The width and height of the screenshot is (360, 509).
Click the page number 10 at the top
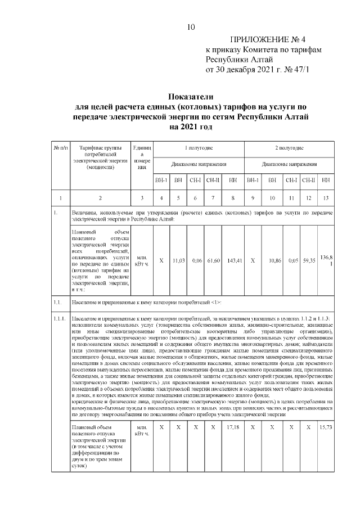pyautogui.click(x=191, y=26)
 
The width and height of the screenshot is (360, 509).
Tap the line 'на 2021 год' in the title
pyautogui.click(x=191, y=128)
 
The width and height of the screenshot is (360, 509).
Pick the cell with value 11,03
pyautogui.click(x=179, y=261)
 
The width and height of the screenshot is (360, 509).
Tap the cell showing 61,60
pyautogui.click(x=213, y=261)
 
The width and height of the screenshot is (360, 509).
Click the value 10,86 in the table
pyautogui.click(x=272, y=261)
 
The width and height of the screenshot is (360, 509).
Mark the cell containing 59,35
pyautogui.click(x=309, y=261)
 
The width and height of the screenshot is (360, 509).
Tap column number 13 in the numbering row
pyautogui.click(x=325, y=198)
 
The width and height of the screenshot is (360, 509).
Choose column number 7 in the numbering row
pyautogui.click(x=213, y=198)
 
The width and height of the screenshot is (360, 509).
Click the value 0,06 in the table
pyautogui.click(x=196, y=261)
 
